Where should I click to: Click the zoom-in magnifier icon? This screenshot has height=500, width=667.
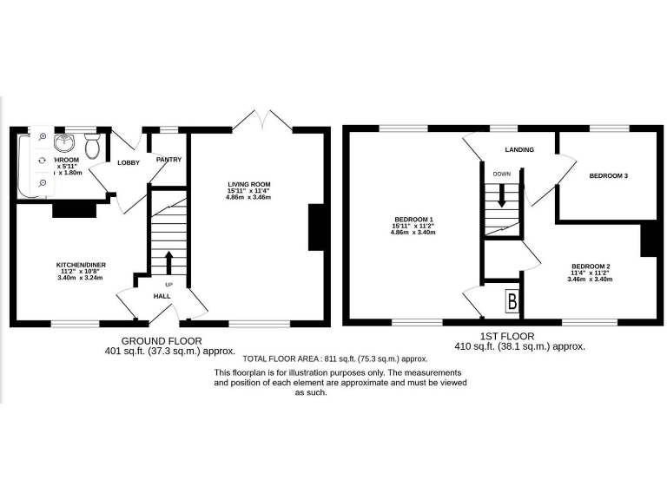point(43,136)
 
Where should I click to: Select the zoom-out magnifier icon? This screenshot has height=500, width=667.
point(43,182)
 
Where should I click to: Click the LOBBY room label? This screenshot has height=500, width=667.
point(129,163)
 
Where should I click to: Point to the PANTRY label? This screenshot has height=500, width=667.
point(168,160)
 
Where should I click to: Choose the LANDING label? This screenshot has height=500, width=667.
point(519,150)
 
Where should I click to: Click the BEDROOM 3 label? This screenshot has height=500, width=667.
point(608,176)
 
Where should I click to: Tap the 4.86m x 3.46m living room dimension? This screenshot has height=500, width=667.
point(249,198)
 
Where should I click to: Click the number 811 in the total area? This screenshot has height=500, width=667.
point(329,358)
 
